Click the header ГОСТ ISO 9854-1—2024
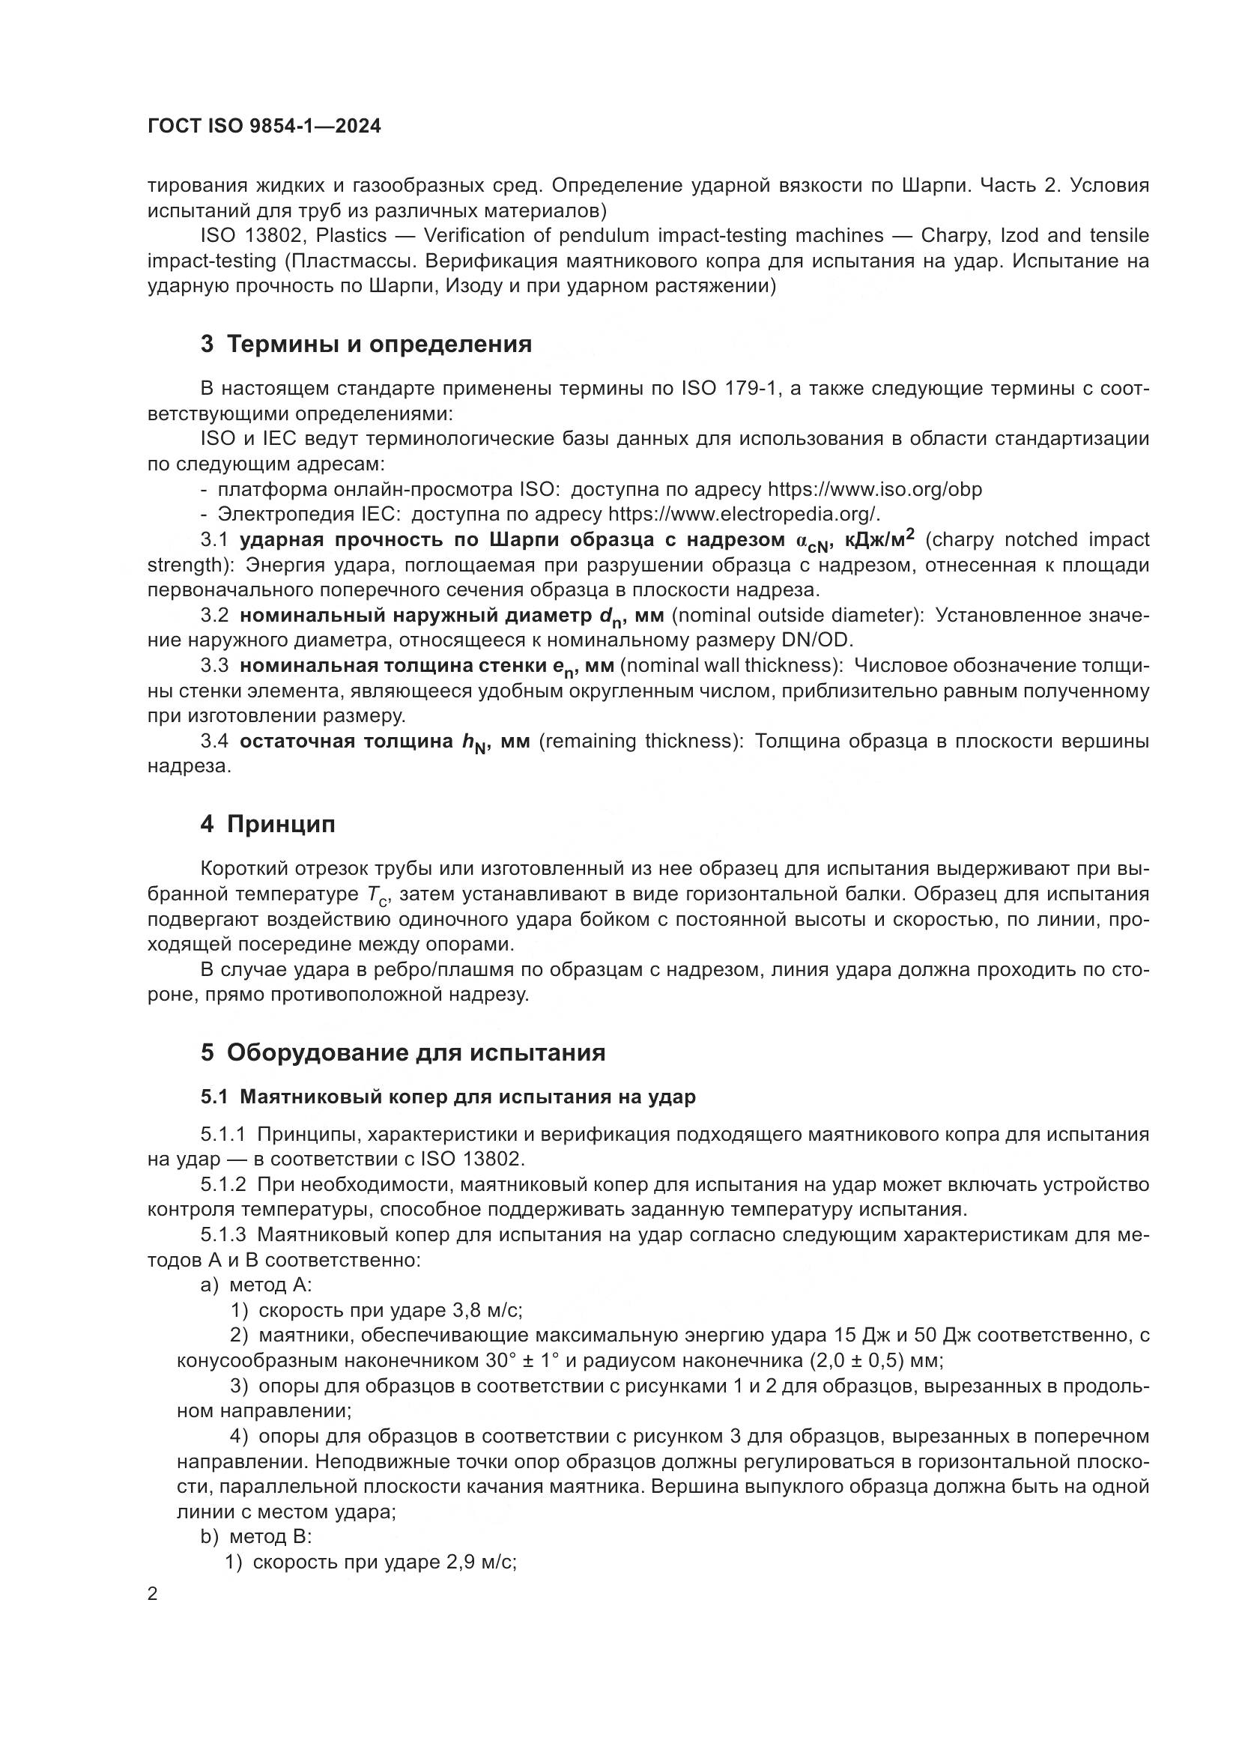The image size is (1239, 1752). click(264, 127)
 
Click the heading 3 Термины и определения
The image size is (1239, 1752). click(366, 344)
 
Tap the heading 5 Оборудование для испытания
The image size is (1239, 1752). click(403, 1053)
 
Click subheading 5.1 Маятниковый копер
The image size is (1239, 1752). click(448, 1097)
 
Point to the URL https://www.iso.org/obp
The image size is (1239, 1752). click(874, 489)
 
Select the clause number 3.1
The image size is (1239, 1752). click(214, 540)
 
